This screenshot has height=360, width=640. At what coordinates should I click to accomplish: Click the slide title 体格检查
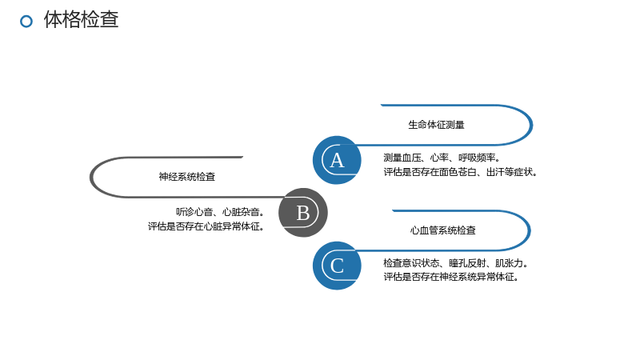click(82, 19)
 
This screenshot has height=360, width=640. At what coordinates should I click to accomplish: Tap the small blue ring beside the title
click(26, 22)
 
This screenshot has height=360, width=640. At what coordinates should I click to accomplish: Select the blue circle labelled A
click(337, 160)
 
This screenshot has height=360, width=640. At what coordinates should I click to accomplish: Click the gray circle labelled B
click(303, 212)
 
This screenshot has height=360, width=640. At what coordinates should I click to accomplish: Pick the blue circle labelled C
click(337, 266)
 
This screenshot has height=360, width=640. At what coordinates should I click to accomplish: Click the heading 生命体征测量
click(436, 125)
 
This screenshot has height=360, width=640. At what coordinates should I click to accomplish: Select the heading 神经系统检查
click(187, 176)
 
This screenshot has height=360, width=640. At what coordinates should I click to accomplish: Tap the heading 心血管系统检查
click(443, 230)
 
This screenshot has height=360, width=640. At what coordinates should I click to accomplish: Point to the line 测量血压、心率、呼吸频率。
click(442, 158)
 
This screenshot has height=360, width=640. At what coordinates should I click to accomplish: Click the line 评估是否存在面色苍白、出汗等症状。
click(461, 172)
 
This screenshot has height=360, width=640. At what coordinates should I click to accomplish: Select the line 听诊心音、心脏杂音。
click(221, 212)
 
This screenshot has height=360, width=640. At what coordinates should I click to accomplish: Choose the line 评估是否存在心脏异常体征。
click(206, 226)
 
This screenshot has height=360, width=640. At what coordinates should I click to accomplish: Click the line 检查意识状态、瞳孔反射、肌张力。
click(456, 263)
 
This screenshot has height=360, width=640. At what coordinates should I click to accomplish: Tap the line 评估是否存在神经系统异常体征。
click(451, 277)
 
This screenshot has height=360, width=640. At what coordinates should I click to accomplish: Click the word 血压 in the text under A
click(411, 158)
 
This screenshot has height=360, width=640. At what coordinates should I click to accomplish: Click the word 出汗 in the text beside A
click(495, 172)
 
